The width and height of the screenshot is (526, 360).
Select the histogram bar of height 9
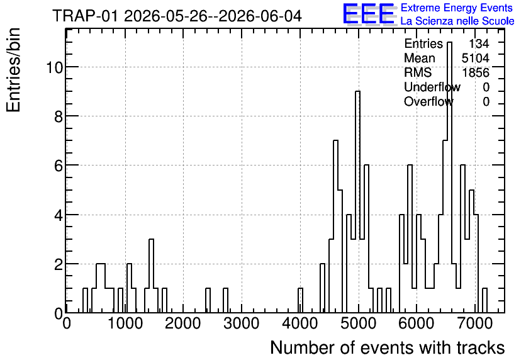pyautogui.click(x=357, y=201)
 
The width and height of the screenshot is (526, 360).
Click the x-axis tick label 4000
pyautogui.click(x=299, y=323)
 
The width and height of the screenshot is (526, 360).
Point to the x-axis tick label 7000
pyautogui.click(x=475, y=323)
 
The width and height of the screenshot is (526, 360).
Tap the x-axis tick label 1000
pyautogui.click(x=125, y=323)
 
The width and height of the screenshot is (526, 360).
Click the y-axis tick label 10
pyautogui.click(x=54, y=67)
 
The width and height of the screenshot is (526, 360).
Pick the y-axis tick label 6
pyautogui.click(x=59, y=166)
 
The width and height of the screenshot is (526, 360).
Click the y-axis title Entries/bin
pyautogui.click(x=13, y=70)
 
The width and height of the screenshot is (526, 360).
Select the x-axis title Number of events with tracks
pyautogui.click(x=388, y=347)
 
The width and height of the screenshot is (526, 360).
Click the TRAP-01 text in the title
pyautogui.click(x=85, y=16)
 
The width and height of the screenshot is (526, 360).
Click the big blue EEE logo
pyautogui.click(x=369, y=14)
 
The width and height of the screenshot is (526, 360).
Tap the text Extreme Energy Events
pyautogui.click(x=457, y=8)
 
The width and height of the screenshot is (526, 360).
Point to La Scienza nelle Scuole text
pyautogui.click(x=457, y=21)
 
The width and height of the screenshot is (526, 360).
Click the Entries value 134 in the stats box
pyautogui.click(x=479, y=43)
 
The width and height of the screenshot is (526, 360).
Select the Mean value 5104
pyautogui.click(x=475, y=58)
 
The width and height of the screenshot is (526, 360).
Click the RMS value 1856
pyautogui.click(x=475, y=72)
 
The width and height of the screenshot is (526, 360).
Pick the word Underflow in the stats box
pyautogui.click(x=432, y=87)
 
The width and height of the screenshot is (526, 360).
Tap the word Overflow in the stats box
pyautogui.click(x=428, y=101)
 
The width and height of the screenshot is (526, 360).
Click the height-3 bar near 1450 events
pyautogui.click(x=151, y=276)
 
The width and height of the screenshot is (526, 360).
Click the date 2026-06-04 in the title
pyautogui.click(x=260, y=16)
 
